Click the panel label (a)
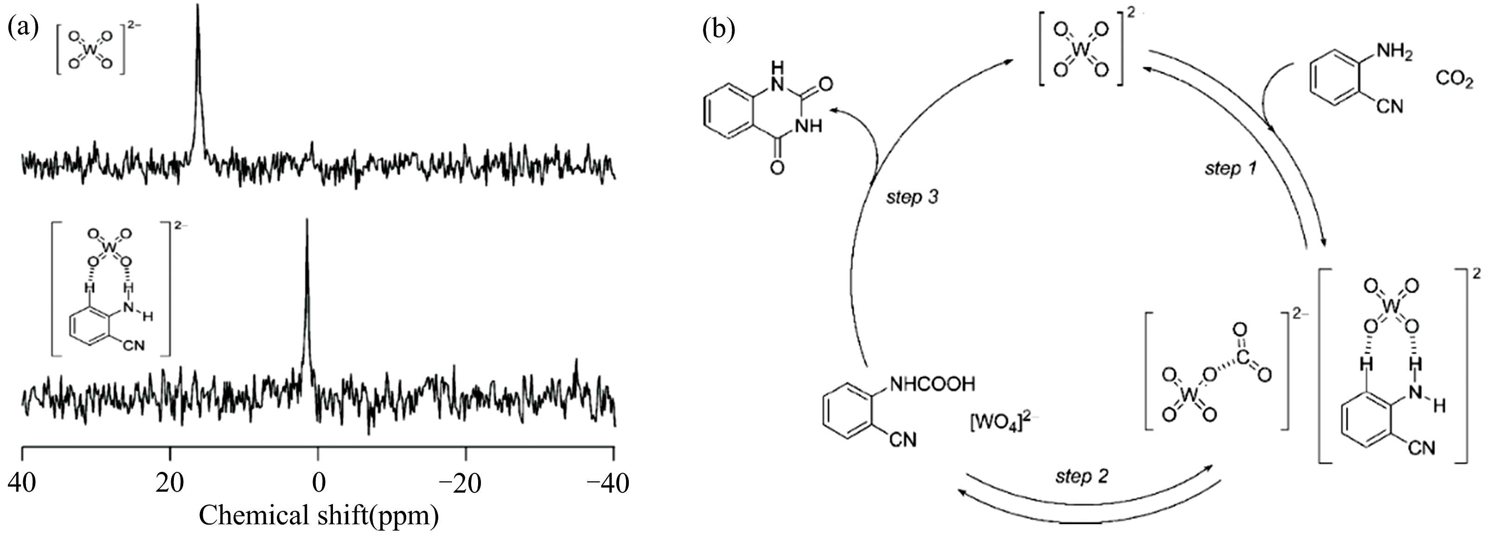(23, 28)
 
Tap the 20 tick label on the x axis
(169, 482)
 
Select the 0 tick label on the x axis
(318, 482)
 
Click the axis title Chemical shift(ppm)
(318, 515)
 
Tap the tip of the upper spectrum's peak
(198, 6)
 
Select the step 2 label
(1081, 476)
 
